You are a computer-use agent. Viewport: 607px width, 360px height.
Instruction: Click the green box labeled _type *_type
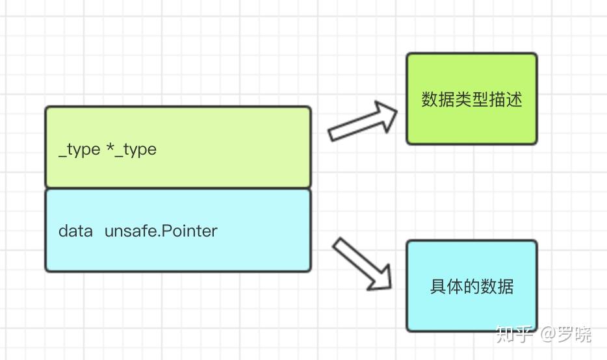tap(177, 147)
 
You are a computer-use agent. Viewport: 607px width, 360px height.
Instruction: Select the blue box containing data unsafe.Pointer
tap(177, 229)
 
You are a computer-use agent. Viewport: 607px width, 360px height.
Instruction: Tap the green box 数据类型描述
tap(471, 99)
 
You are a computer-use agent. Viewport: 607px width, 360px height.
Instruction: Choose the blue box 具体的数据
tap(471, 286)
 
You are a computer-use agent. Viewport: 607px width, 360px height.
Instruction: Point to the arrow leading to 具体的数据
tap(362, 263)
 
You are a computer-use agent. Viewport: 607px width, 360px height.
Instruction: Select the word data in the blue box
tap(75, 231)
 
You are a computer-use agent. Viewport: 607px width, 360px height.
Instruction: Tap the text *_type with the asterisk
tap(131, 149)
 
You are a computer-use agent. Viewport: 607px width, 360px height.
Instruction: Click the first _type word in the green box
tap(79, 149)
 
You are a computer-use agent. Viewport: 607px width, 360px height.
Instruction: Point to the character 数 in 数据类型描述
tap(430, 99)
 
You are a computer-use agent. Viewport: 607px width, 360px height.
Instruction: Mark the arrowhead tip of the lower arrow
tap(391, 288)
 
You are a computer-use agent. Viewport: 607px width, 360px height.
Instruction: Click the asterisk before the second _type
tap(110, 148)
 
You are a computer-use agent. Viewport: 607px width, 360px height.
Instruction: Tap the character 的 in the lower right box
tap(471, 287)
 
